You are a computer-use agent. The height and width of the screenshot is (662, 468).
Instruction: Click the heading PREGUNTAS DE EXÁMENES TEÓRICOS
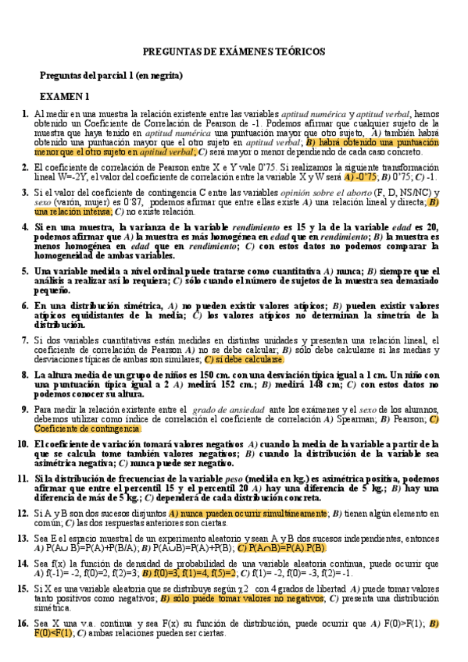tap(234, 52)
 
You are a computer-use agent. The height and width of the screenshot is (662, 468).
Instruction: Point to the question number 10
tap(23, 444)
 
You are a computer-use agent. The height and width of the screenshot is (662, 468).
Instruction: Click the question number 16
tap(23, 624)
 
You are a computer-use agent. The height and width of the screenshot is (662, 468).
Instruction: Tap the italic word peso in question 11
tap(235, 478)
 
